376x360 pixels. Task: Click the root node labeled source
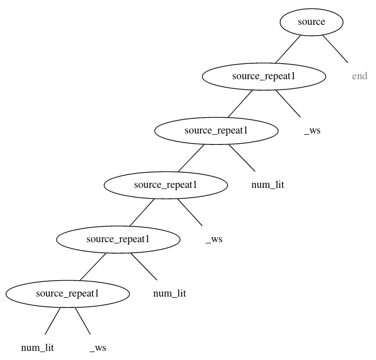coord(311,22)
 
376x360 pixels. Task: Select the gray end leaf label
coord(360,76)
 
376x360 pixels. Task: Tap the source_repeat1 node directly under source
coord(264,76)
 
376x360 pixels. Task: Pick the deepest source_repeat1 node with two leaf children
coord(67,294)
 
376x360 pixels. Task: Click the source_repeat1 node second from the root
coord(216,131)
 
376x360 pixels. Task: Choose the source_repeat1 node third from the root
coord(166,185)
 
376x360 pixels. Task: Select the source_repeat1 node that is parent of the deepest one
coord(118,239)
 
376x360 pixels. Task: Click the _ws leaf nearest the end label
coord(312,131)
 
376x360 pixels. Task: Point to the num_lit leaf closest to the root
coord(268,185)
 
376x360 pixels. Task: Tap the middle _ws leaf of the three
coord(214,239)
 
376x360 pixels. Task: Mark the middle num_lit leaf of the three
coord(169,294)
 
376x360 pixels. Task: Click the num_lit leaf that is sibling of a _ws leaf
coord(37,348)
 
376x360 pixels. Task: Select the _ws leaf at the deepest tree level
coord(97,348)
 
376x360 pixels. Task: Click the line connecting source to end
coord(336,49)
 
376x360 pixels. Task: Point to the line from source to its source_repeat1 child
coord(288,49)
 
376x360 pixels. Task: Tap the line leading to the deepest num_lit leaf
coord(53,321)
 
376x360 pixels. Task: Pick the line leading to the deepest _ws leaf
coord(83,321)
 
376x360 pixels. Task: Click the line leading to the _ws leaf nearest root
coord(288,104)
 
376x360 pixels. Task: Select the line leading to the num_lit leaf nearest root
coord(242,158)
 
